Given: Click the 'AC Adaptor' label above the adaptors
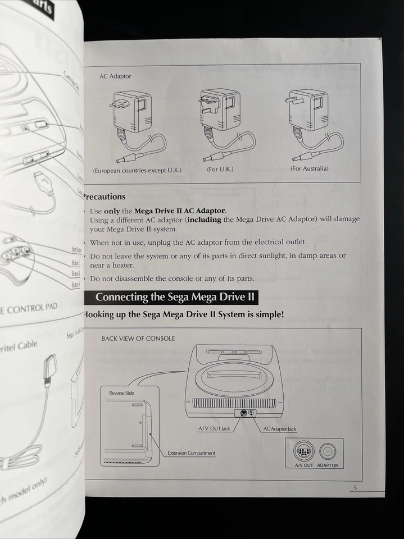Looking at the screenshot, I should pyautogui.click(x=115, y=76).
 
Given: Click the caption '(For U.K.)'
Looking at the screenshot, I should pyautogui.click(x=220, y=169).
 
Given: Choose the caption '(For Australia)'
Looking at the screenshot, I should pyautogui.click(x=310, y=168).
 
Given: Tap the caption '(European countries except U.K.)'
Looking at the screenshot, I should pyautogui.click(x=137, y=170).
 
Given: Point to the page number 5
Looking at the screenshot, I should pyautogui.click(x=355, y=488).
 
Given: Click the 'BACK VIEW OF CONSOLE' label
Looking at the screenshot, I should pyautogui.click(x=138, y=339).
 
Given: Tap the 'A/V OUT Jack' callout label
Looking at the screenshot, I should pyautogui.click(x=214, y=429).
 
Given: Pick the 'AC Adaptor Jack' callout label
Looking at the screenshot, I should pyautogui.click(x=279, y=429).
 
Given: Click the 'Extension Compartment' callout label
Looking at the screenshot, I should pyautogui.click(x=191, y=453).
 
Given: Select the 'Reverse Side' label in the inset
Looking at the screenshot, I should pyautogui.click(x=121, y=393).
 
